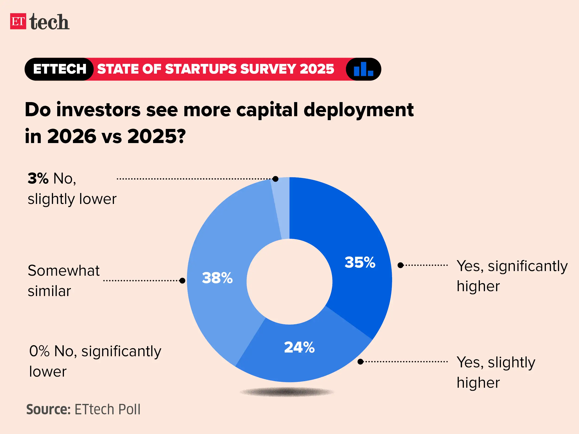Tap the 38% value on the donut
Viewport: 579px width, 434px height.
pos(217,278)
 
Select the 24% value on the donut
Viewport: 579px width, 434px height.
pos(299,347)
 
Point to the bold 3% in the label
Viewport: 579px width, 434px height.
pos(38,178)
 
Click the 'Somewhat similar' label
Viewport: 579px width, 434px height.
pos(64,281)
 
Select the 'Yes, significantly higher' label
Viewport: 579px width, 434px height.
pos(512,276)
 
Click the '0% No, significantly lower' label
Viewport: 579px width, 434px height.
pos(95,361)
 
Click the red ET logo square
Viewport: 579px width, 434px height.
pos(18,21)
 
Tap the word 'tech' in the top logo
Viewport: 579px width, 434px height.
pos(49,22)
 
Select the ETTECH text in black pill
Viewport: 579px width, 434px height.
pos(60,69)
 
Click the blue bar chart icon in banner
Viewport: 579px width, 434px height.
pos(363,69)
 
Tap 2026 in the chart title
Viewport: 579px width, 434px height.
pos(72,136)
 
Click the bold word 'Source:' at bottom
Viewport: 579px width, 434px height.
pos(48,409)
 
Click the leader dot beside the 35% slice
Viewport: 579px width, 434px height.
pos(400,265)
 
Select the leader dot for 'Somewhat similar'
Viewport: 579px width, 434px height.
pos(183,281)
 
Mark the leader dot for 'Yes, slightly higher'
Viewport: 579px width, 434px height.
pos(360,362)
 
